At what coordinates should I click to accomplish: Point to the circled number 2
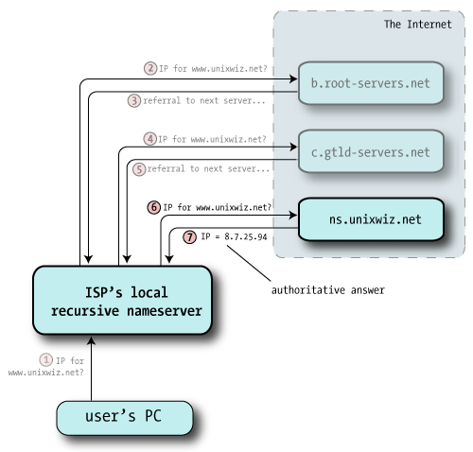[149, 68]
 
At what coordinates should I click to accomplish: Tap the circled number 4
[149, 138]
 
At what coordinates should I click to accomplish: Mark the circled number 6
[153, 205]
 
